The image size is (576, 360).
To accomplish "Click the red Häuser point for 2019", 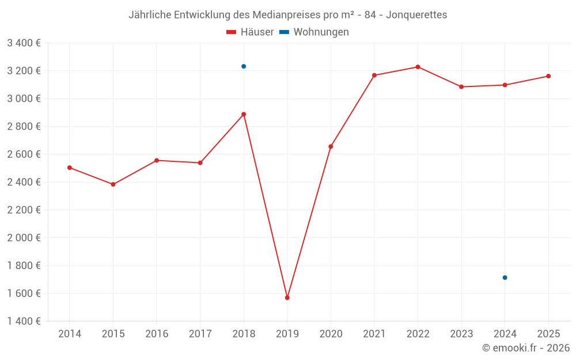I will [x=287, y=298].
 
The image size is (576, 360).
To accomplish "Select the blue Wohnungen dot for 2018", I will [x=244, y=66].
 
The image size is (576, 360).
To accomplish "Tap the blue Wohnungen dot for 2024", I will [x=505, y=278].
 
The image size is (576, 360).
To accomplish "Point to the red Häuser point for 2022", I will [x=418, y=67].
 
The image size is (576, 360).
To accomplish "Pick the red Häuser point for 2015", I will [x=113, y=184].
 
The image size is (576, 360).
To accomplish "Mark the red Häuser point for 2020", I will [x=331, y=146].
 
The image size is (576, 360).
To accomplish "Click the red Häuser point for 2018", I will [x=244, y=114].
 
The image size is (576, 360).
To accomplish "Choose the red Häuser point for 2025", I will [x=548, y=76].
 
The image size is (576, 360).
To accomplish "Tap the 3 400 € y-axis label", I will [x=24, y=43].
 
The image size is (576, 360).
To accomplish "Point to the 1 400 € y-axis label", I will [x=24, y=321].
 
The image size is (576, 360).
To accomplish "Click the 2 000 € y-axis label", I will [x=24, y=238].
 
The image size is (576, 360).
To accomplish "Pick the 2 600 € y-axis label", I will [x=24, y=154].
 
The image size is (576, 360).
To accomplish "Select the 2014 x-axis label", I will [x=70, y=334].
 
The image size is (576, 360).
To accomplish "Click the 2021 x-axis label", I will [x=374, y=334].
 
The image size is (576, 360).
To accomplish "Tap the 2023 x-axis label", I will [x=461, y=334].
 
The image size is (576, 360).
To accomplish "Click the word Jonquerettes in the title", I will [x=416, y=15].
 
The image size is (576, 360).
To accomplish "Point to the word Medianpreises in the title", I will [x=282, y=15].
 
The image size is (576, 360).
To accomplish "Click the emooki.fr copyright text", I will [x=526, y=348].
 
